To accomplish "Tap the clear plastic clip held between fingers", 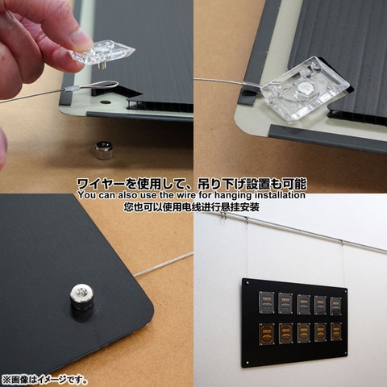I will [x=103, y=53].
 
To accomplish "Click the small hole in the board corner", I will [x=106, y=102].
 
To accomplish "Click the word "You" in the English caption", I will [x=89, y=195].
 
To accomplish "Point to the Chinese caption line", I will [x=193, y=207].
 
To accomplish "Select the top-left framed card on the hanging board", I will [x=266, y=302].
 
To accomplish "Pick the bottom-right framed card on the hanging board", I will [x=335, y=331].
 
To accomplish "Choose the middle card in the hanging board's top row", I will [x=303, y=304].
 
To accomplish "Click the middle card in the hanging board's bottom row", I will [x=304, y=331].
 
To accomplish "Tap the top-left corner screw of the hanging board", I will [x=248, y=284].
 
